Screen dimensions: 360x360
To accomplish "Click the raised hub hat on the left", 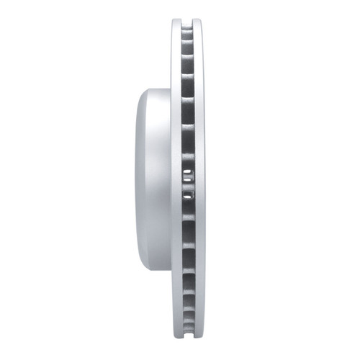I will [153, 180].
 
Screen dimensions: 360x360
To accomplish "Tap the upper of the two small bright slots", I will [188, 173].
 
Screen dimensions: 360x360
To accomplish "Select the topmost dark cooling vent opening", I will [188, 29].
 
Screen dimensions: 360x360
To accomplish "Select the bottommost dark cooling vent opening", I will [188, 332].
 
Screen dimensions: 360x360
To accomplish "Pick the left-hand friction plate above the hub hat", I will [176, 58].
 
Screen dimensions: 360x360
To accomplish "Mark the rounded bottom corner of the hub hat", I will [144, 267].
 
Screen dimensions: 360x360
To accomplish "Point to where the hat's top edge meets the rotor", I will [171, 89].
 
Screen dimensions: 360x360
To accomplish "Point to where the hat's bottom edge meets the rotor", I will [171, 272].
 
